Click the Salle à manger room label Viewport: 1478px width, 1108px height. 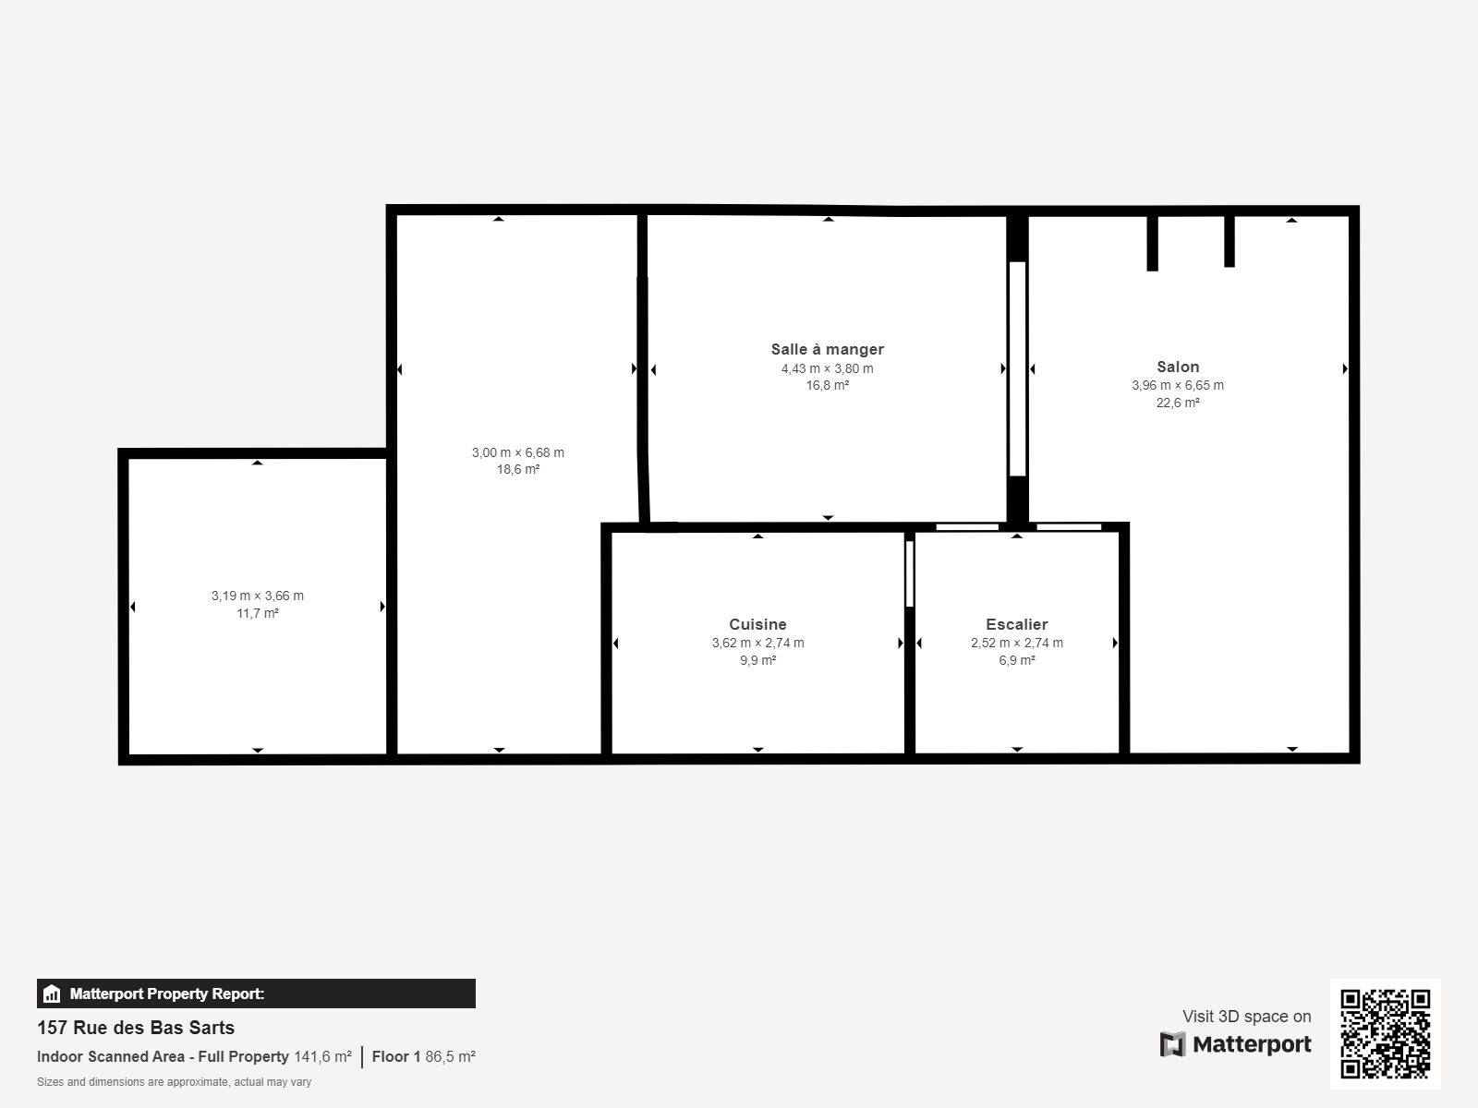827,349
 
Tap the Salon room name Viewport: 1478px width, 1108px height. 1178,367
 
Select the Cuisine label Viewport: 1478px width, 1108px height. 757,624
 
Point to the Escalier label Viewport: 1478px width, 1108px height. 1017,624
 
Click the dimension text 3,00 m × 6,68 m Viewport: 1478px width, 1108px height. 518,452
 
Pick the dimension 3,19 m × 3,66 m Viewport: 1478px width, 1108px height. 257,596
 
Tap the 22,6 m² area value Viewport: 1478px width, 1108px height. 1178,403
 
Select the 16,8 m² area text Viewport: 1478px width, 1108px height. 827,385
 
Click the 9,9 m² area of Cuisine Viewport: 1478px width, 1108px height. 757,660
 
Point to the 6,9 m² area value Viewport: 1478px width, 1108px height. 1017,660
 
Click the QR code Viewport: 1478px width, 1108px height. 1385,1033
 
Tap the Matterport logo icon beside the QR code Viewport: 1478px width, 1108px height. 1172,1044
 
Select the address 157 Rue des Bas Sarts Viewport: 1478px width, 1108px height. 136,1028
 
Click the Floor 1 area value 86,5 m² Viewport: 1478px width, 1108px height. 450,1057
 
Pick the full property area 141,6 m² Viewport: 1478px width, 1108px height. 322,1057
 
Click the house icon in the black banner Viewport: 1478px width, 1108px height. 52,994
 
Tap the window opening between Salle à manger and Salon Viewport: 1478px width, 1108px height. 1017,368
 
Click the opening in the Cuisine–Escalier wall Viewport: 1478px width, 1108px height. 909,573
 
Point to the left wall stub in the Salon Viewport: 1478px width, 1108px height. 1152,243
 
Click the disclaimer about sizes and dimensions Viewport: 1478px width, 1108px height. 174,1082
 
